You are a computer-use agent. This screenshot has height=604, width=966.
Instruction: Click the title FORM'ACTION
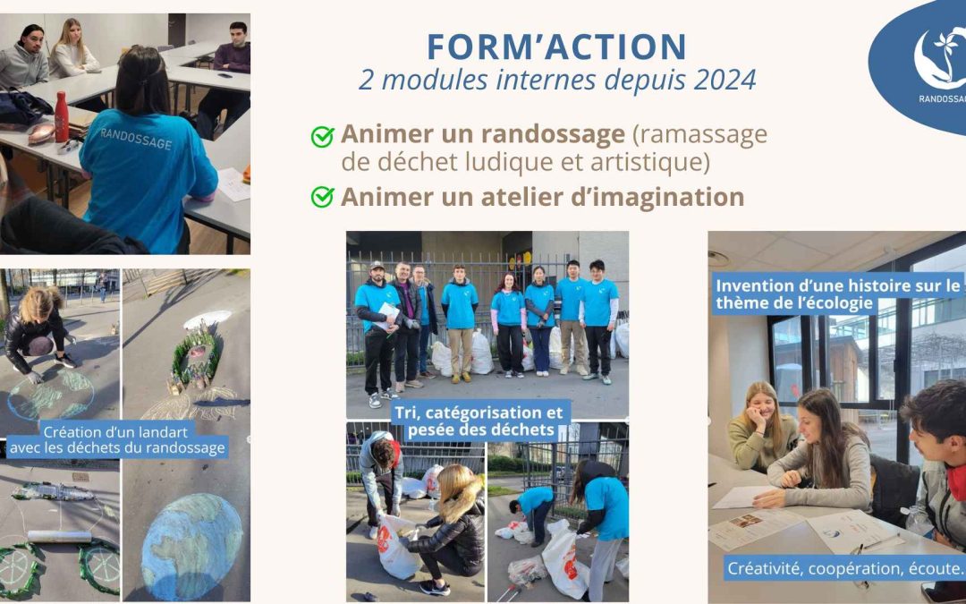coord(556,47)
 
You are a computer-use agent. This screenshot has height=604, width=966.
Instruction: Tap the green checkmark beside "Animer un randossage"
coord(322,136)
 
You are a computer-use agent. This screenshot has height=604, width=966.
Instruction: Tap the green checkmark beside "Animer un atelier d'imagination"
coord(322,197)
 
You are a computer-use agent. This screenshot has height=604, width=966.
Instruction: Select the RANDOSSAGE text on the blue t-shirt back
coord(136,138)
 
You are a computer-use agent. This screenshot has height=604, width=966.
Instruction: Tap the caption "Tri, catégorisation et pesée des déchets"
coord(479,421)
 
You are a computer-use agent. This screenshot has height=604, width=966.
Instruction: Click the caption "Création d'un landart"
coord(117,431)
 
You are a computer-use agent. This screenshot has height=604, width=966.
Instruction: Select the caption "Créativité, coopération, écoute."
coord(844,568)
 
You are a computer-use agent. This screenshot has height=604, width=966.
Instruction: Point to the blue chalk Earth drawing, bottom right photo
coord(191,547)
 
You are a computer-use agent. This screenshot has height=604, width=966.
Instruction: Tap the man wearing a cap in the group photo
coord(377,333)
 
